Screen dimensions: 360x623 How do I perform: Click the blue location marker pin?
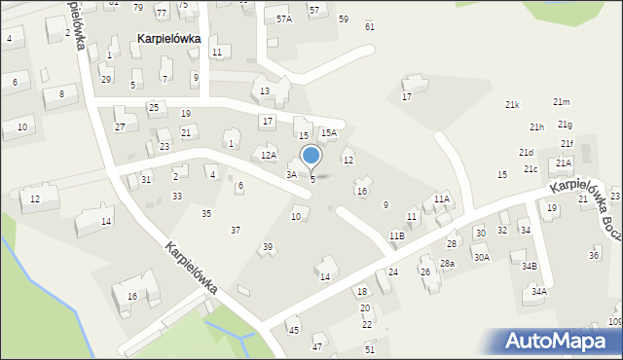(x=311, y=157)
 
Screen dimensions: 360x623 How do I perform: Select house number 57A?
(x=283, y=18)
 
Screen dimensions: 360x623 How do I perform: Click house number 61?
(x=369, y=26)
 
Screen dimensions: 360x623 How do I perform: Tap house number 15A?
(x=329, y=132)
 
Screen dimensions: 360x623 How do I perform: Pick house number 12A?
(x=269, y=155)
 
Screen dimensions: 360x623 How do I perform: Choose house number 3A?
(x=290, y=174)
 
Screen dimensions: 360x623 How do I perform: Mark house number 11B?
(x=396, y=236)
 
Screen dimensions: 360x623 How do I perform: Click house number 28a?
(x=447, y=264)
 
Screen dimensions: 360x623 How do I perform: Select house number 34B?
(x=529, y=266)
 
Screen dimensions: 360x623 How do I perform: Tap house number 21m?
(x=561, y=102)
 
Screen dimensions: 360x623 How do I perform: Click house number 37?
(x=235, y=230)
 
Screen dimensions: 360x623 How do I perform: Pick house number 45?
(x=293, y=331)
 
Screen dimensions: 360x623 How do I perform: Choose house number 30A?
(x=481, y=258)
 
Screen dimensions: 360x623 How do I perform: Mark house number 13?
(x=265, y=91)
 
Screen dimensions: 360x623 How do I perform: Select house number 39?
(x=268, y=247)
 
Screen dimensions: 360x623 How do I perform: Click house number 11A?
(x=442, y=198)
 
